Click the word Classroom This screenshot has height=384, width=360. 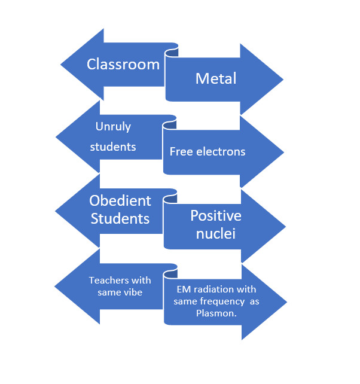[123, 65]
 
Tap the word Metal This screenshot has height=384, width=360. [216, 78]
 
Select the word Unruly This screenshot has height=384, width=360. [113, 127]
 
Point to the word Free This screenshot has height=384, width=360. [181, 152]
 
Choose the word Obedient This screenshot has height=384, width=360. [120, 201]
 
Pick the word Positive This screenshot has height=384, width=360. [216, 216]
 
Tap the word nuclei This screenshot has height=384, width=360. [215, 234]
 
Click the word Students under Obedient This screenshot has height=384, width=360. [120, 219]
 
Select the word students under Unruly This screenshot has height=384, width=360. [113, 146]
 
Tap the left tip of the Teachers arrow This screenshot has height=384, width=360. [55, 285]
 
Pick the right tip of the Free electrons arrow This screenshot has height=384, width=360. [283, 152]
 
